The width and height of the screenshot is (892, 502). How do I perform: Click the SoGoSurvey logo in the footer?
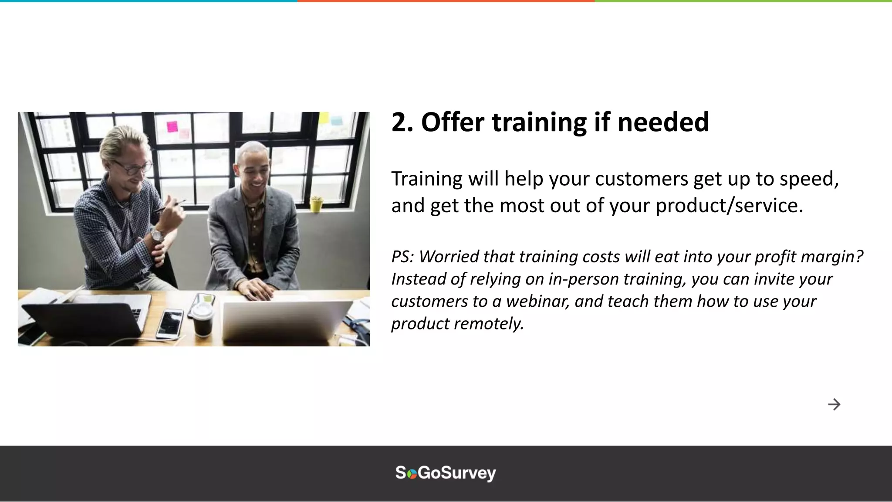click(446, 473)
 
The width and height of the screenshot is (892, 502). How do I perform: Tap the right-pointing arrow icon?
click(834, 404)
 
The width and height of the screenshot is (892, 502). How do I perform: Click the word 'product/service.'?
click(729, 205)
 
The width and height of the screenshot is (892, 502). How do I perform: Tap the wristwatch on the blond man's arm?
click(157, 236)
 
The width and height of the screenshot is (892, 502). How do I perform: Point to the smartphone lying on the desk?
click(170, 323)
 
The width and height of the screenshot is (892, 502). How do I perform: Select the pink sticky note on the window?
click(172, 126)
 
